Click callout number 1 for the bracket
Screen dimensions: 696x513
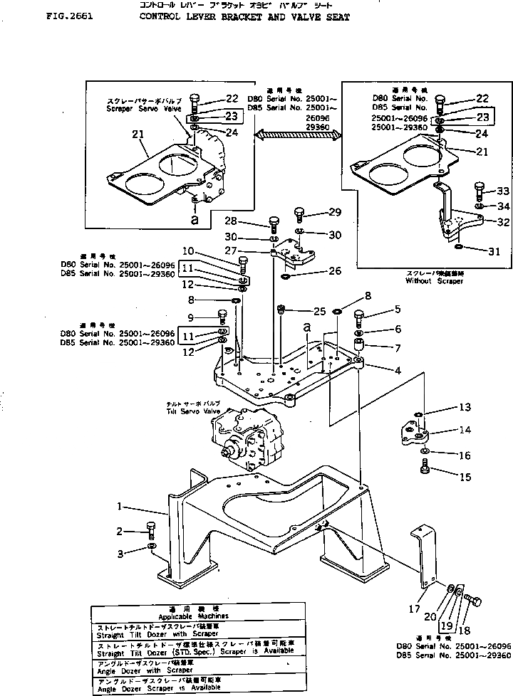pos(122,507)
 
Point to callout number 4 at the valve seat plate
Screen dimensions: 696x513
pos(398,371)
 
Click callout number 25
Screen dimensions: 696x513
pos(318,310)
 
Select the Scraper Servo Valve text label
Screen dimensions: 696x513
pos(133,109)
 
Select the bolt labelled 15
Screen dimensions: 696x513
pos(426,468)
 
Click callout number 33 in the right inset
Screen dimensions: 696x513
pos(483,191)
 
